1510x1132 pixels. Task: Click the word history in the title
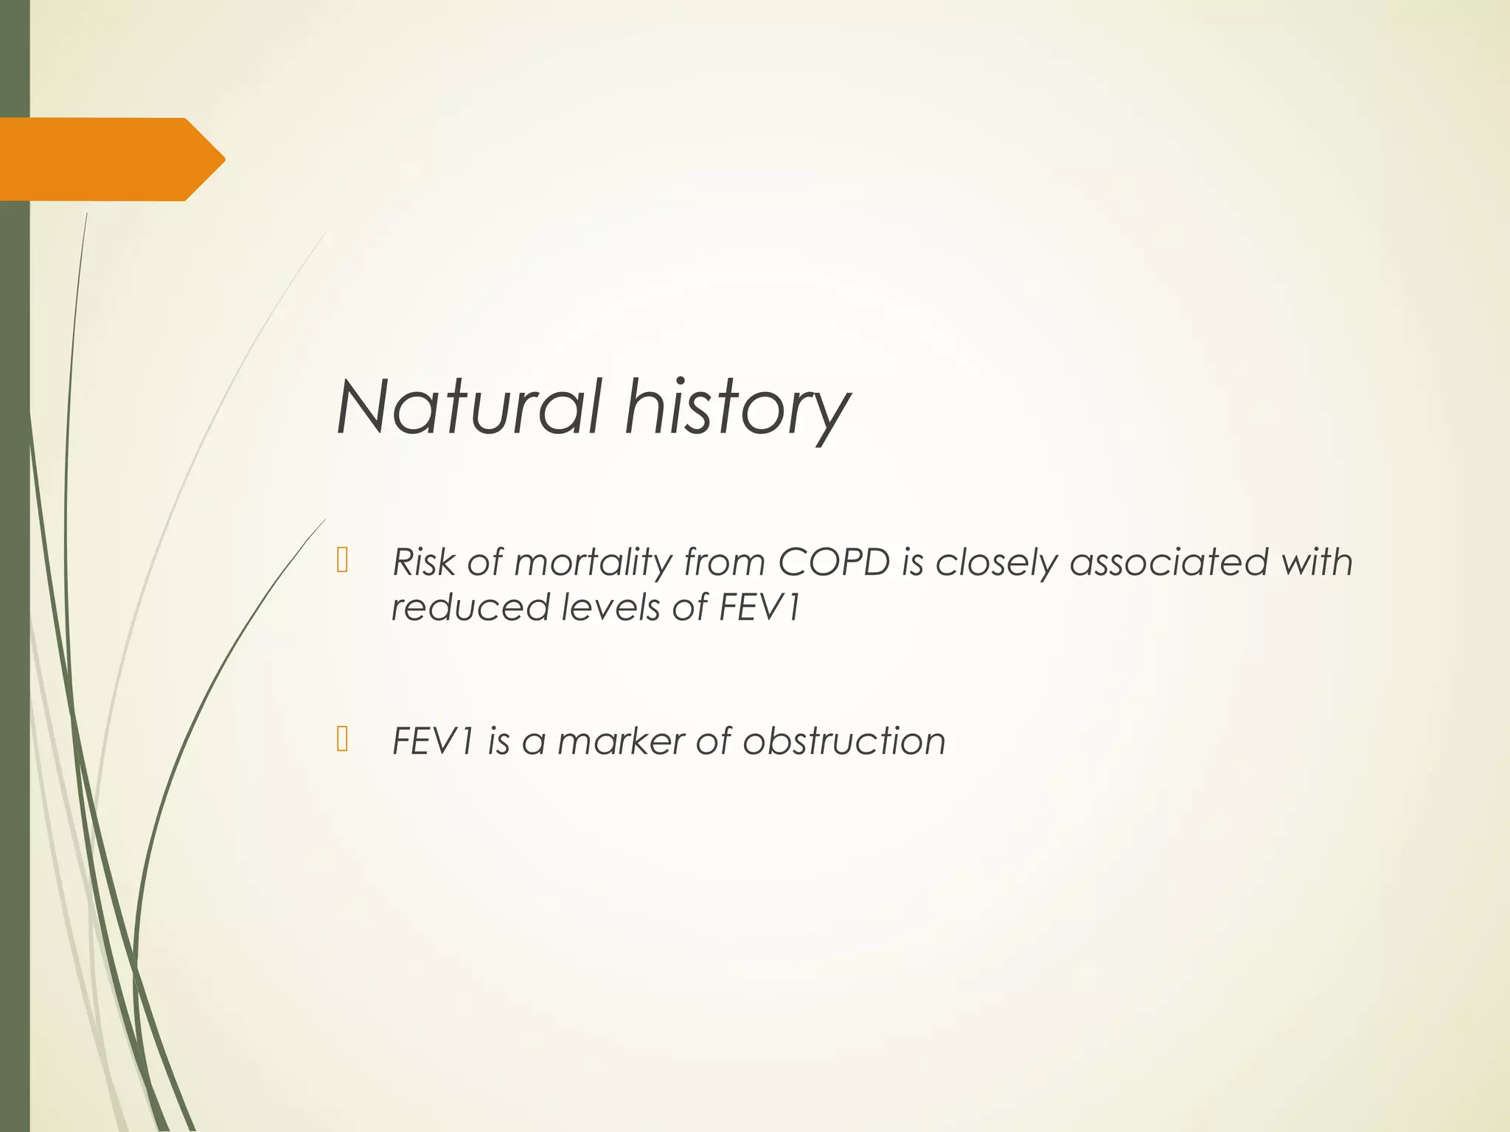pyautogui.click(x=737, y=409)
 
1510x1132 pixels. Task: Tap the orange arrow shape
pyautogui.click(x=103, y=159)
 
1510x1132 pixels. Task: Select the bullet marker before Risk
pyautogui.click(x=342, y=561)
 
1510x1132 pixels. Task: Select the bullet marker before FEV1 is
pyautogui.click(x=342, y=738)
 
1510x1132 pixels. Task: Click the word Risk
pyautogui.click(x=424, y=562)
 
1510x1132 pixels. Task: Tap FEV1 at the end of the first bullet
pyautogui.click(x=759, y=608)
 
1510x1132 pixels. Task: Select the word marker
pyautogui.click(x=621, y=741)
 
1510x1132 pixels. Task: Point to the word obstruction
pyautogui.click(x=844, y=741)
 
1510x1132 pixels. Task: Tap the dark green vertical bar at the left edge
pyautogui.click(x=14, y=663)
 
